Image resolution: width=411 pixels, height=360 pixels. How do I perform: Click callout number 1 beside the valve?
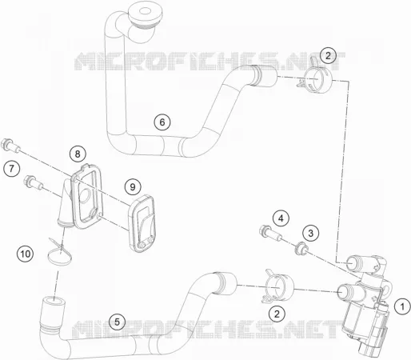(402, 306)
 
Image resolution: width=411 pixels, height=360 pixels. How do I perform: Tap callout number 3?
(311, 233)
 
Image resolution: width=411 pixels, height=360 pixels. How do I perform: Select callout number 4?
(281, 218)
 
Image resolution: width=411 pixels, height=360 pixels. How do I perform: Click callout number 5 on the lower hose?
(118, 322)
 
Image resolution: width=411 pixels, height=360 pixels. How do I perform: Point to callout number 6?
(162, 122)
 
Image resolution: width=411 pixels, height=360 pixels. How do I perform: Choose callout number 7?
(12, 168)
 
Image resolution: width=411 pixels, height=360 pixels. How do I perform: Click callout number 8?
(78, 154)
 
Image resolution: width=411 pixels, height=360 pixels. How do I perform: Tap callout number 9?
(133, 187)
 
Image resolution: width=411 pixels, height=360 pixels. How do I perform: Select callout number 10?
(26, 254)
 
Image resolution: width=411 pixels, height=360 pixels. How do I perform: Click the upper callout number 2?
(328, 55)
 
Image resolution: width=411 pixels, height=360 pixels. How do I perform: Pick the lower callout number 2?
(277, 314)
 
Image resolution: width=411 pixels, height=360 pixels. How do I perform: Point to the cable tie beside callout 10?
(59, 252)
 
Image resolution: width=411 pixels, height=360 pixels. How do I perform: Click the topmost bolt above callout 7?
(10, 146)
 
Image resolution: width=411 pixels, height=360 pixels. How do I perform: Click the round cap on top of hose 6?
(145, 14)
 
